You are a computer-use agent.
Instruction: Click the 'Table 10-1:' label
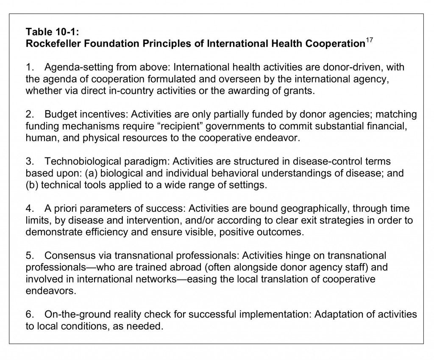(50, 31)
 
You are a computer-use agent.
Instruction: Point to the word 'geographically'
(306, 209)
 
